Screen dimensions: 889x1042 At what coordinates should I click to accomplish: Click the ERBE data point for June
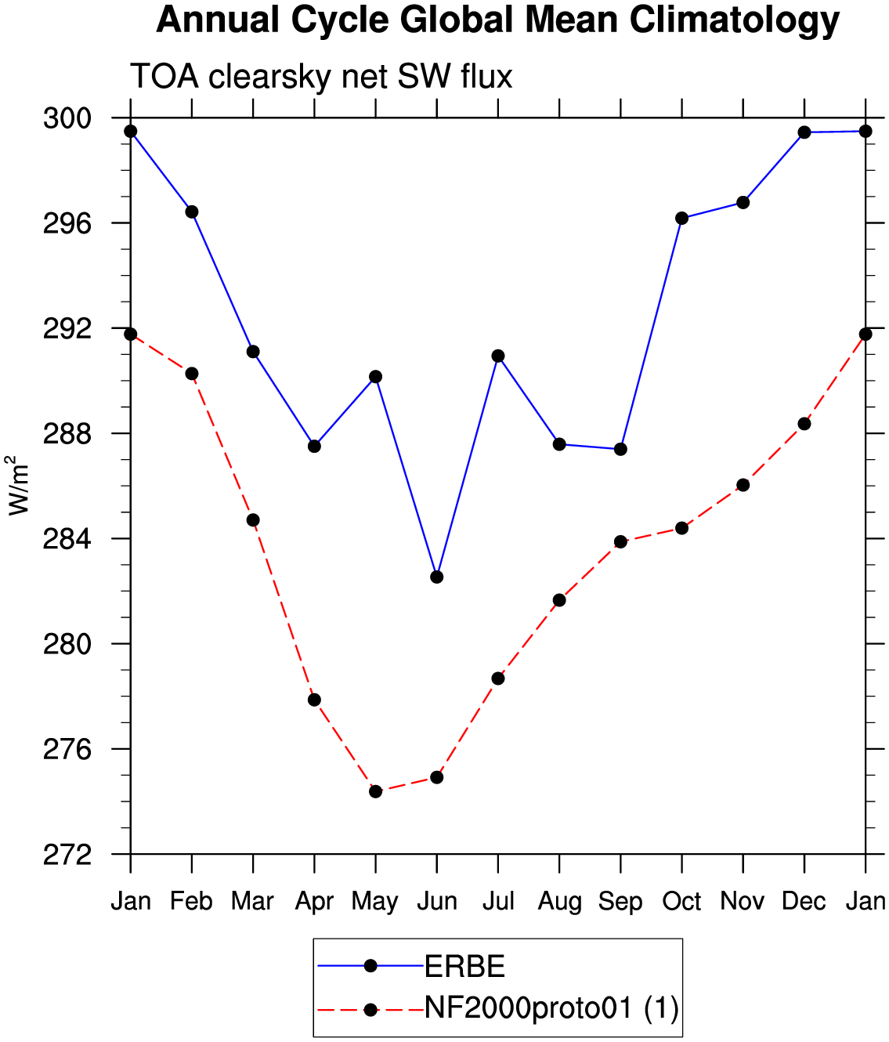pyautogui.click(x=437, y=577)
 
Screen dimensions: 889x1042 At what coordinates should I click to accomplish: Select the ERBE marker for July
pyautogui.click(x=498, y=356)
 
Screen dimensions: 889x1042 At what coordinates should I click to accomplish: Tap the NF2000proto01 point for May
pyautogui.click(x=375, y=792)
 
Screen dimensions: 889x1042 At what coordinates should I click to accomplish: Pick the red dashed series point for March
pyautogui.click(x=253, y=520)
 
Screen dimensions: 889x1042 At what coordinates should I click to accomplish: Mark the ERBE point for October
pyautogui.click(x=682, y=219)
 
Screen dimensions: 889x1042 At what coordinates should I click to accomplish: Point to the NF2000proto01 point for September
pyautogui.click(x=621, y=542)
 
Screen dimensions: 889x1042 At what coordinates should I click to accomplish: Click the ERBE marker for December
pyautogui.click(x=804, y=132)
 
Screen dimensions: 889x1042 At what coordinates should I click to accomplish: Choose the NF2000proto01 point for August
pyautogui.click(x=559, y=600)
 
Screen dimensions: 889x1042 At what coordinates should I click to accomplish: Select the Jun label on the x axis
pyautogui.click(x=437, y=901)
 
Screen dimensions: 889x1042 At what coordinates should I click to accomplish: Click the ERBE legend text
pyautogui.click(x=464, y=967)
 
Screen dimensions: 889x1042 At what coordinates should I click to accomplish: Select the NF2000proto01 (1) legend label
pyautogui.click(x=552, y=1009)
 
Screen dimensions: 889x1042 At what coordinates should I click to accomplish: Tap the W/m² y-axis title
pyautogui.click(x=18, y=486)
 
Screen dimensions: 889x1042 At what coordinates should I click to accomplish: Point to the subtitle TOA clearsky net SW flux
pyautogui.click(x=321, y=77)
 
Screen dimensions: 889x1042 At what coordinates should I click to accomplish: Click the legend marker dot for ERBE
pyautogui.click(x=370, y=966)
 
